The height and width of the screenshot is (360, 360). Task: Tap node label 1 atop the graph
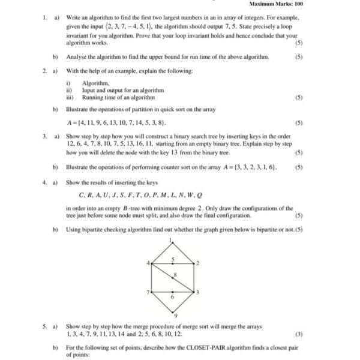pos(171,241)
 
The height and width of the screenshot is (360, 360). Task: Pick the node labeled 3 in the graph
pos(197,292)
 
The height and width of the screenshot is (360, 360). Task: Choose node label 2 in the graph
pos(197,263)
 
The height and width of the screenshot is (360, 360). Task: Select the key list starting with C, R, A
pos(140,195)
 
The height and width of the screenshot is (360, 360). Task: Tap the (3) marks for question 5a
pos(299,334)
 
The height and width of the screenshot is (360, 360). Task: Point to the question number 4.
pos(44,182)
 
